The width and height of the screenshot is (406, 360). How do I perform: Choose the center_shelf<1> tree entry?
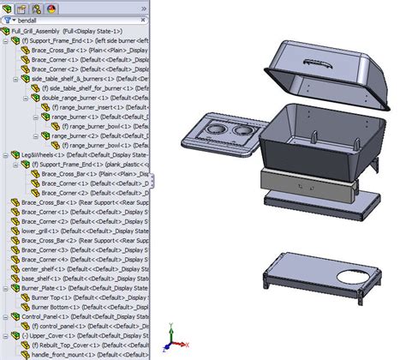pos(39,267)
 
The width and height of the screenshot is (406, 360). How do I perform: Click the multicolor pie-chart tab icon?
pos(51,6)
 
